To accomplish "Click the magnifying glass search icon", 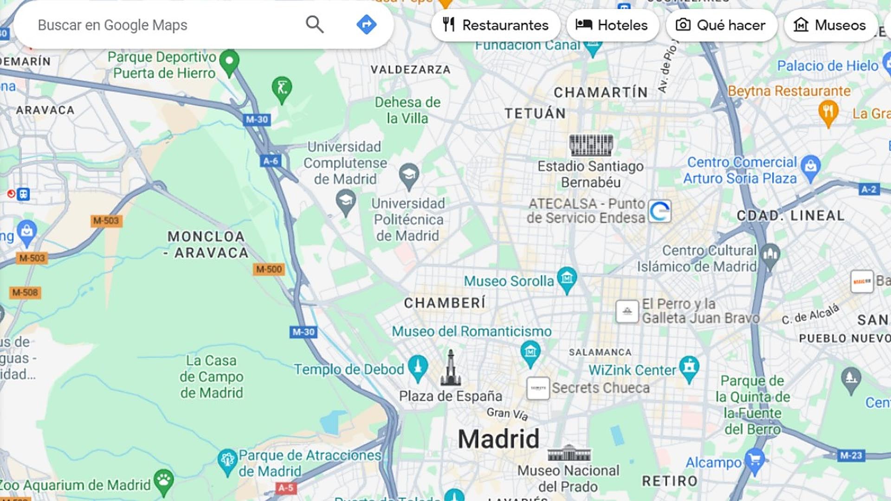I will pyautogui.click(x=314, y=24).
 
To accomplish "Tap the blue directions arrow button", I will pyautogui.click(x=366, y=24).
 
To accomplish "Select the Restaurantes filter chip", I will pyautogui.click(x=496, y=25).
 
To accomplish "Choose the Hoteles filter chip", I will pyautogui.click(x=612, y=25).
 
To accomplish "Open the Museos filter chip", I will pyautogui.click(x=830, y=25).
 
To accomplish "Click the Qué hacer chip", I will pyautogui.click(x=721, y=25).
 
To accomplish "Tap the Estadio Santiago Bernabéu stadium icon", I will pyautogui.click(x=591, y=145).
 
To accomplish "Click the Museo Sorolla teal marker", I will pyautogui.click(x=567, y=279).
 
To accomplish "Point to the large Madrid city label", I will pyautogui.click(x=498, y=439).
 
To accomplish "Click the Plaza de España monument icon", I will pyautogui.click(x=450, y=369).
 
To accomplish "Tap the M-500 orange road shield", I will pyautogui.click(x=269, y=269).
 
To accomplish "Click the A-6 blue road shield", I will pyautogui.click(x=271, y=161).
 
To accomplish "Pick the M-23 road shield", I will pyautogui.click(x=851, y=456).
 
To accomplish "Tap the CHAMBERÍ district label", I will pyautogui.click(x=445, y=303).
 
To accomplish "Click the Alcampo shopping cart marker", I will pyautogui.click(x=755, y=460).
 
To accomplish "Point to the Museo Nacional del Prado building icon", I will pyautogui.click(x=569, y=453).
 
